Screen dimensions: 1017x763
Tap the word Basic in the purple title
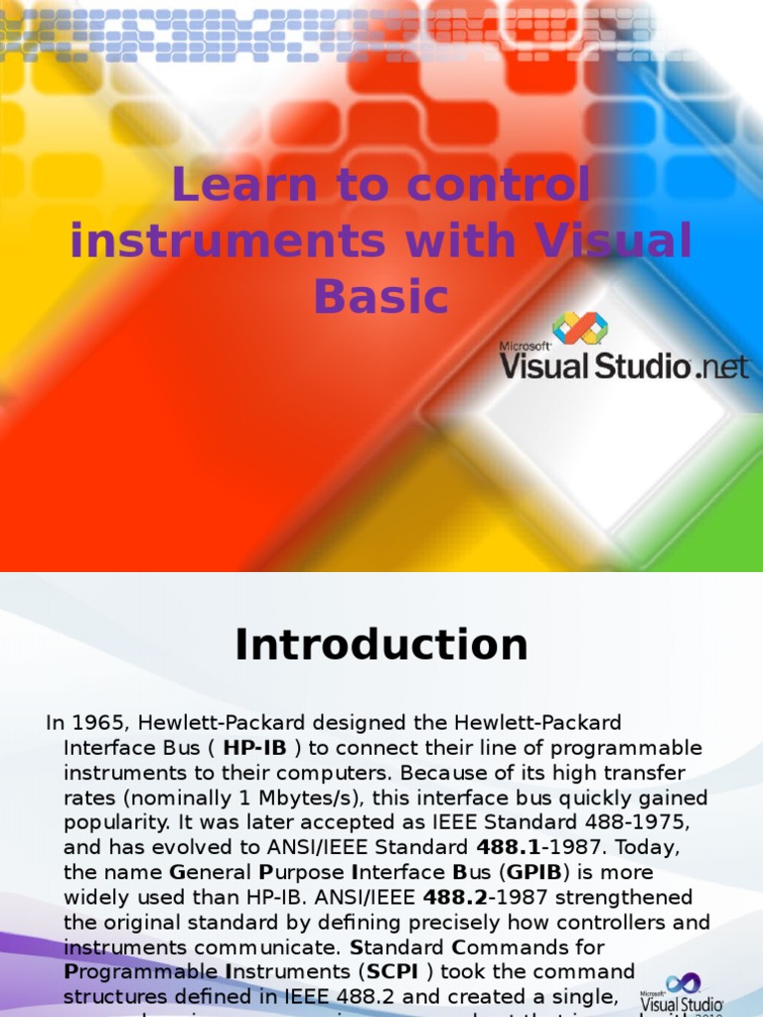pos(381,296)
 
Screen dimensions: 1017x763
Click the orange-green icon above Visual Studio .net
pos(579,328)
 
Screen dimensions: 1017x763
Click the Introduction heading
pos(381,646)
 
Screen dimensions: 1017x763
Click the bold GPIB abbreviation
pos(535,872)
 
